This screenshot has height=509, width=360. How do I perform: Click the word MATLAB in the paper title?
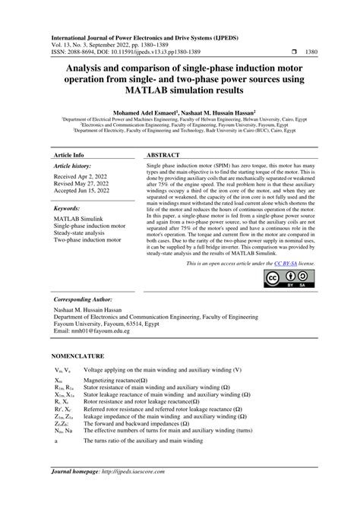(x=130, y=90)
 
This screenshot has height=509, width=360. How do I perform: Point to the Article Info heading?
(x=69, y=153)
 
